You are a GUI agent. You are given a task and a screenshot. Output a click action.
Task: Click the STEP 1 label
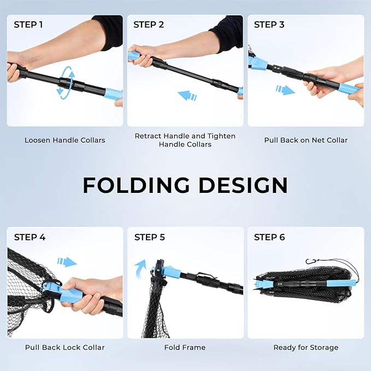click(x=28, y=25)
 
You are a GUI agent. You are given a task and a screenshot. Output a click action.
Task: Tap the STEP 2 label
click(x=149, y=25)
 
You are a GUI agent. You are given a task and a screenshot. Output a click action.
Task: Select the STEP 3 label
click(x=269, y=25)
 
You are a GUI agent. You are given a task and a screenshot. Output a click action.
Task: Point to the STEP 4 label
click(x=30, y=237)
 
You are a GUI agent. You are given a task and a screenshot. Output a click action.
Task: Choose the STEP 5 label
click(x=150, y=237)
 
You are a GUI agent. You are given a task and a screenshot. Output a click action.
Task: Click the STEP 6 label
click(x=269, y=237)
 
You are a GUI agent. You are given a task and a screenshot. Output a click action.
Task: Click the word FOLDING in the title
click(x=136, y=185)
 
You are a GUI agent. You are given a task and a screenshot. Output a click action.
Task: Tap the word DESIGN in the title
click(x=243, y=185)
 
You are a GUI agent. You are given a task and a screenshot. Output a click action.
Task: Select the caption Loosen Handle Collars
click(x=65, y=140)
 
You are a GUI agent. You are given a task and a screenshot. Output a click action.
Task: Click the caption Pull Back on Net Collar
click(x=305, y=140)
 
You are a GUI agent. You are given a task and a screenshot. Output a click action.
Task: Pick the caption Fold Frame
click(x=185, y=348)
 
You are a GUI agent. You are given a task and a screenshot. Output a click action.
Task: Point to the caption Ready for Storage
click(x=305, y=348)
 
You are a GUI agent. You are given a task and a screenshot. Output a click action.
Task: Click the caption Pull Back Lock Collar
click(x=65, y=348)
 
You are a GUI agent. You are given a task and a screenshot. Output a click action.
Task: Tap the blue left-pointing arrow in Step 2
click(x=187, y=96)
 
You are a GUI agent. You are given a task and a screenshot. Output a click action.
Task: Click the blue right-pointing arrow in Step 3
click(x=285, y=90)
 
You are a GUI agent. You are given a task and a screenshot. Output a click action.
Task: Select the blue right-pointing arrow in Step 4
click(x=67, y=262)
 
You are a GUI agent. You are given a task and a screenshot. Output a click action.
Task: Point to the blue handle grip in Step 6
click(x=341, y=282)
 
